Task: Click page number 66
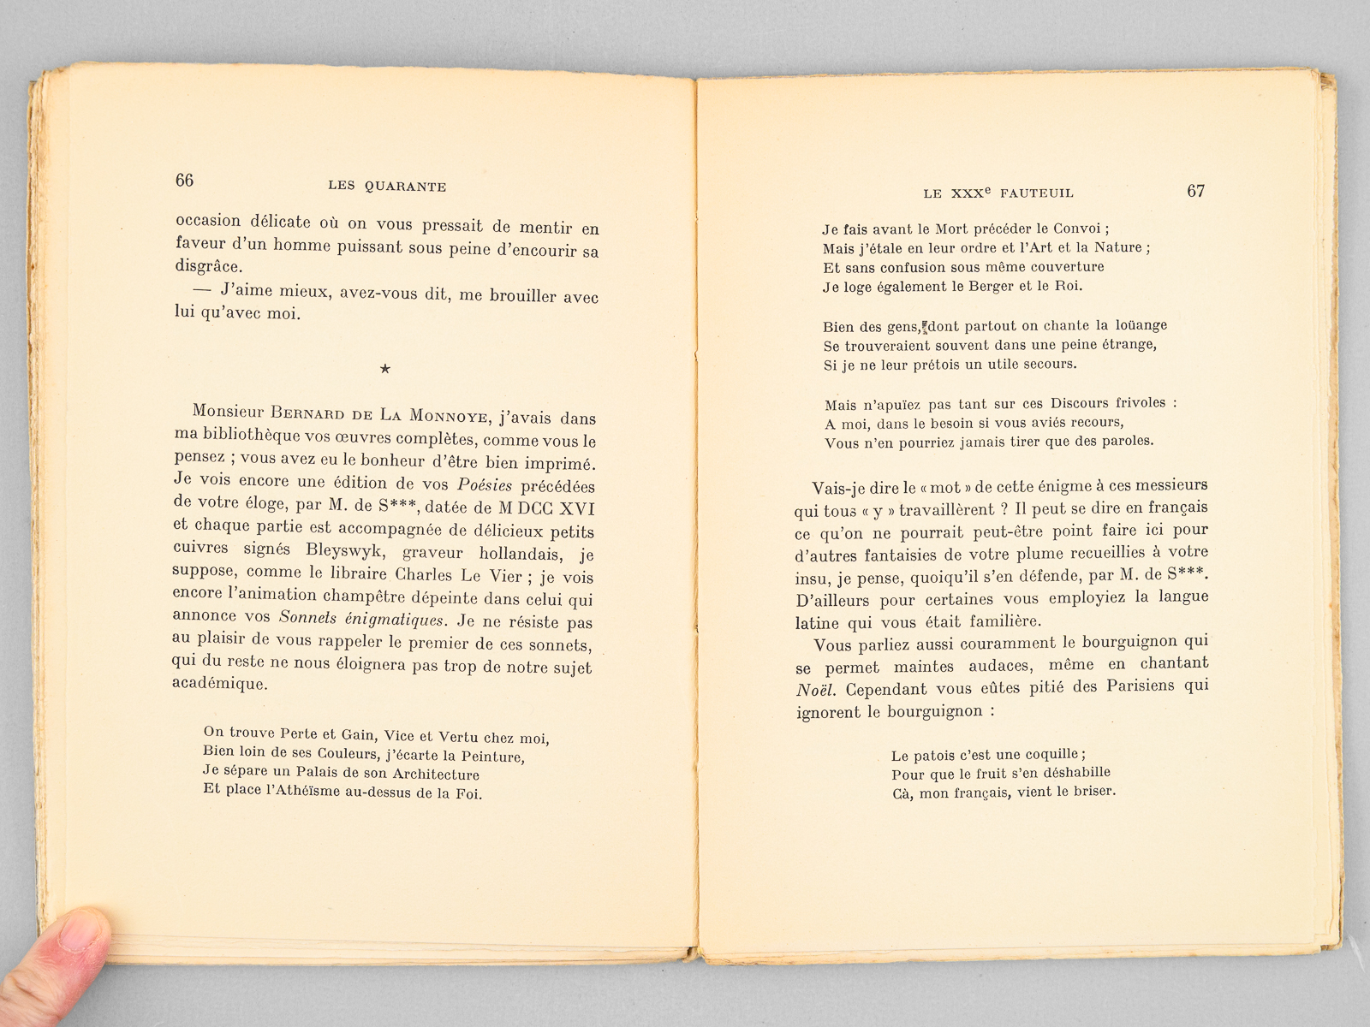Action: click(184, 180)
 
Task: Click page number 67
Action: click(1195, 191)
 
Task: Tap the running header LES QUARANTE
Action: click(387, 187)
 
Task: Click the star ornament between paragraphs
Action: click(384, 370)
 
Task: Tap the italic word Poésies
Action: click(485, 484)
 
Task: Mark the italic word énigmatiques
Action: click(396, 619)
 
